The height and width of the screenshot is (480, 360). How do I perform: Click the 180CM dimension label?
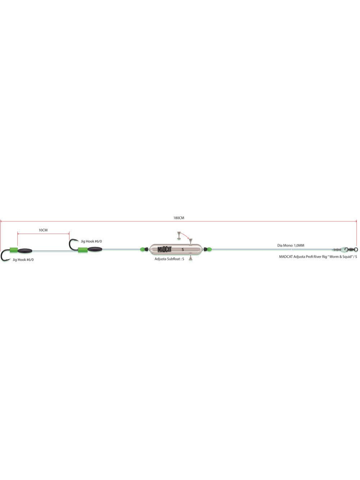pos(179,218)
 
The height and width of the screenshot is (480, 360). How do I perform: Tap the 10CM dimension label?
pos(43,230)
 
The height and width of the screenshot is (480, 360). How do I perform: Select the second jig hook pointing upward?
pos(72,245)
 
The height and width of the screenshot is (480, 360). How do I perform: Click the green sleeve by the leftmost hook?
pos(13,250)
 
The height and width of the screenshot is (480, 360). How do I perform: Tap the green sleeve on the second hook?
pos(82,250)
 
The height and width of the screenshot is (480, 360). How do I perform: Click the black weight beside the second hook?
pos(95,250)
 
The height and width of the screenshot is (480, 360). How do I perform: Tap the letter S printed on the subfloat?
pos(183,250)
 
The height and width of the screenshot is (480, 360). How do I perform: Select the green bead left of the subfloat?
pos(142,250)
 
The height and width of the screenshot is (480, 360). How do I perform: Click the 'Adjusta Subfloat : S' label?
pos(169,258)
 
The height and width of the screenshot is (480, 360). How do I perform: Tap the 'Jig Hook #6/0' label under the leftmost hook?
pos(23,259)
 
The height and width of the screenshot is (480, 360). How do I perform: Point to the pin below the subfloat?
pos(190,259)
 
